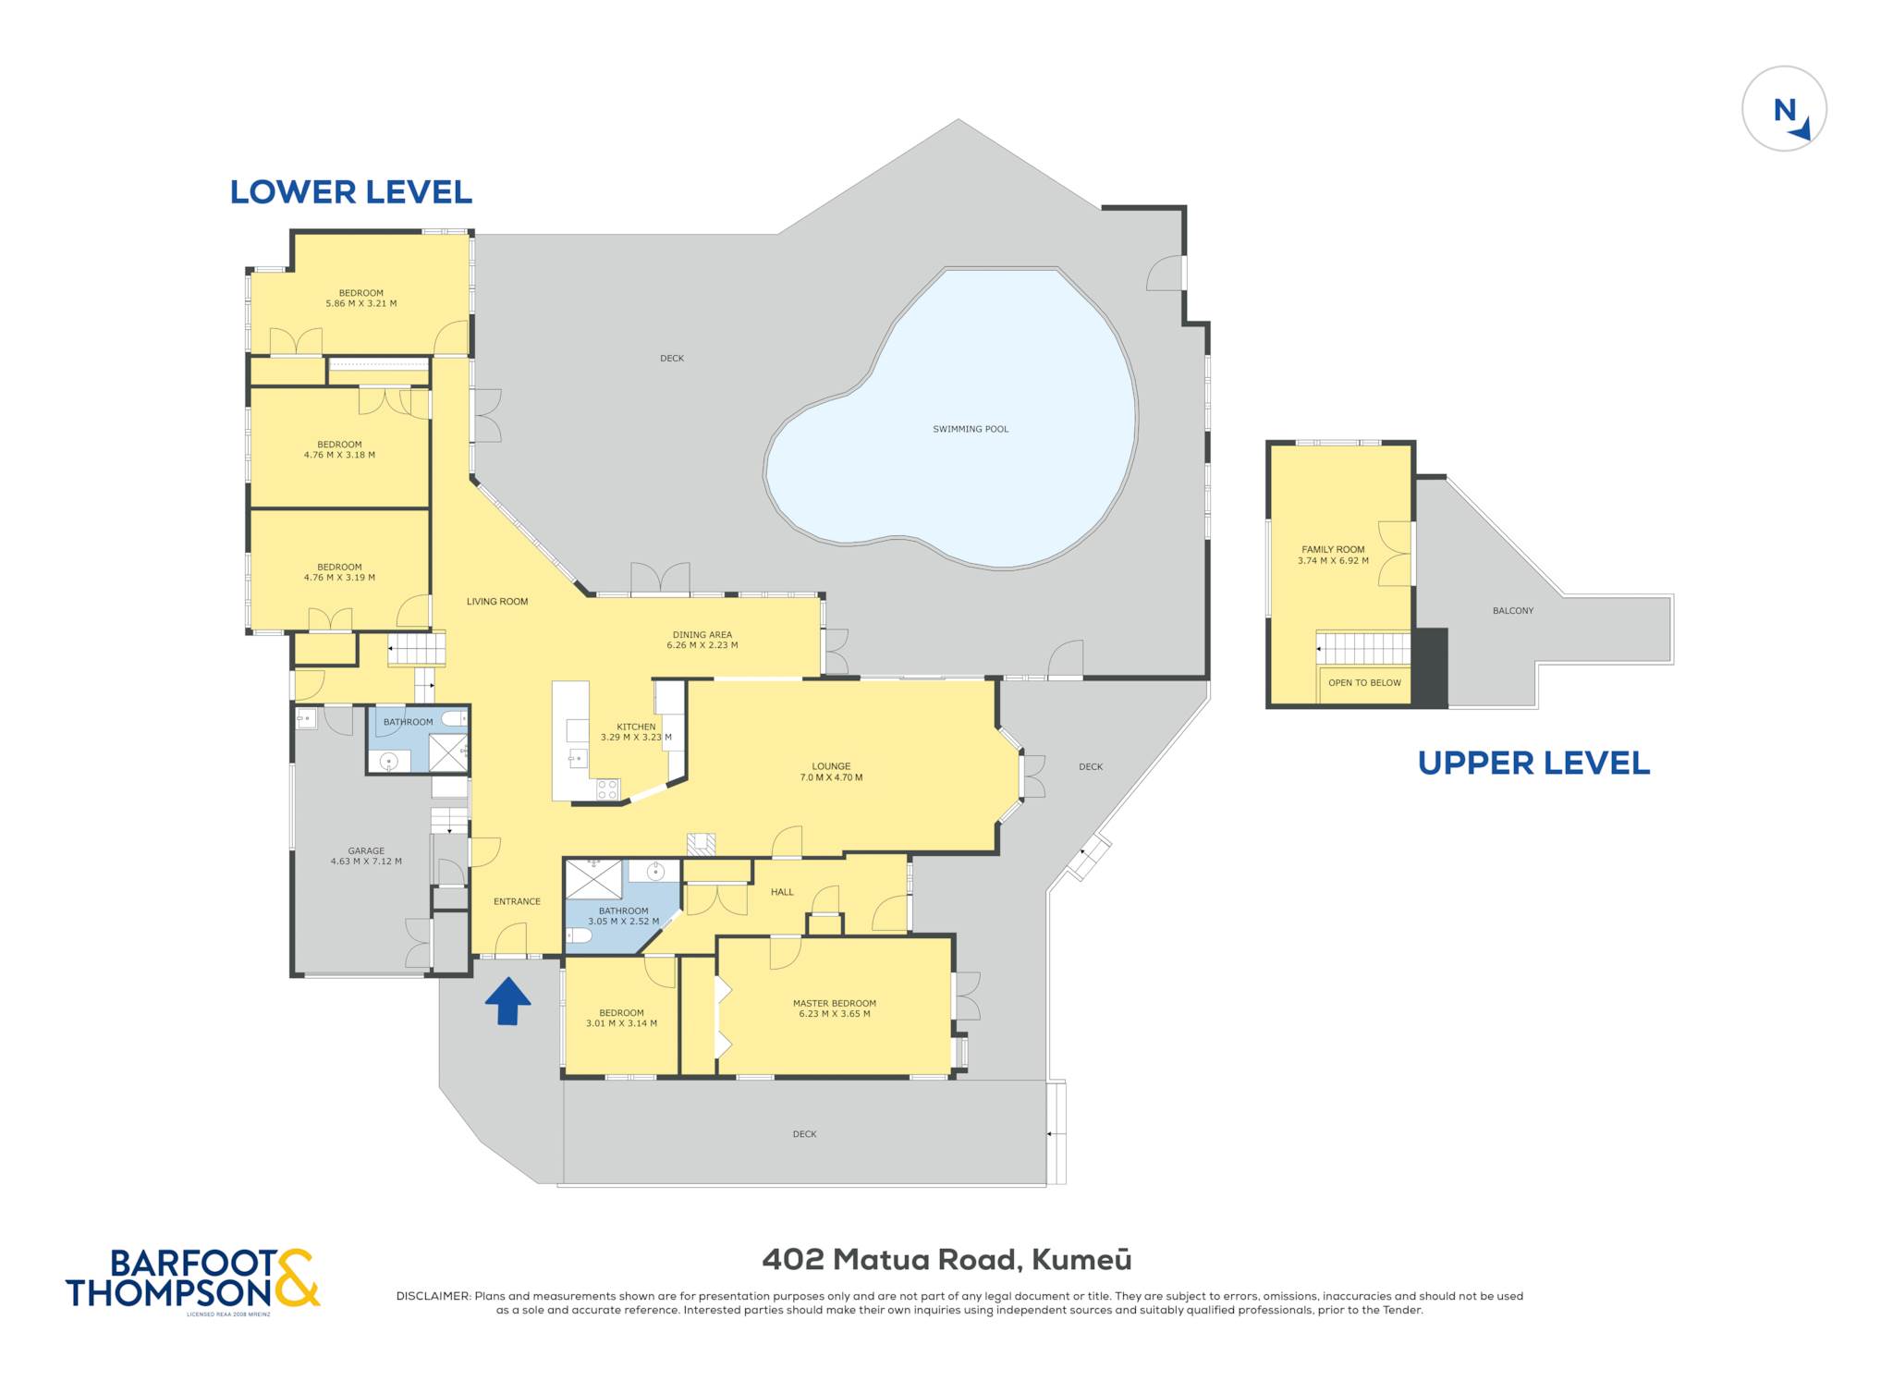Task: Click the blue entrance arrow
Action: pyautogui.click(x=507, y=1001)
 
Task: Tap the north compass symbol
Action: pyautogui.click(x=1784, y=109)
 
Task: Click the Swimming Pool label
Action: pyautogui.click(x=971, y=429)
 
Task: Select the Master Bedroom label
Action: pyautogui.click(x=835, y=1003)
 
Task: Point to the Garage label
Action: pyautogui.click(x=366, y=850)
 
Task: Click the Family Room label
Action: pyautogui.click(x=1333, y=549)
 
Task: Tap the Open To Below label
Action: pyautogui.click(x=1364, y=683)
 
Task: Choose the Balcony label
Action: pyautogui.click(x=1513, y=611)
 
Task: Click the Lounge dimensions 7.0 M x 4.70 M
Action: pyautogui.click(x=831, y=777)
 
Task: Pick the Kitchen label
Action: pyautogui.click(x=636, y=727)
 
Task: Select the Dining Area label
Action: pyautogui.click(x=702, y=635)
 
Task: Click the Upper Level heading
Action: pyautogui.click(x=1533, y=763)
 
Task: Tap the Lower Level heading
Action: pyautogui.click(x=351, y=191)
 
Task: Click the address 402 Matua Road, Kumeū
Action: pyautogui.click(x=946, y=1259)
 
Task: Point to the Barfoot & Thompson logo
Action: pyautogui.click(x=192, y=1279)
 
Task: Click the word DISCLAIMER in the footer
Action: pyautogui.click(x=433, y=1296)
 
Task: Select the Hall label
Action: pyautogui.click(x=782, y=892)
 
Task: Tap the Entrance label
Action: pyautogui.click(x=517, y=901)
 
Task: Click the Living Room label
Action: pyautogui.click(x=497, y=602)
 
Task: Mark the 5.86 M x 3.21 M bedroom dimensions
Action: pyautogui.click(x=360, y=303)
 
